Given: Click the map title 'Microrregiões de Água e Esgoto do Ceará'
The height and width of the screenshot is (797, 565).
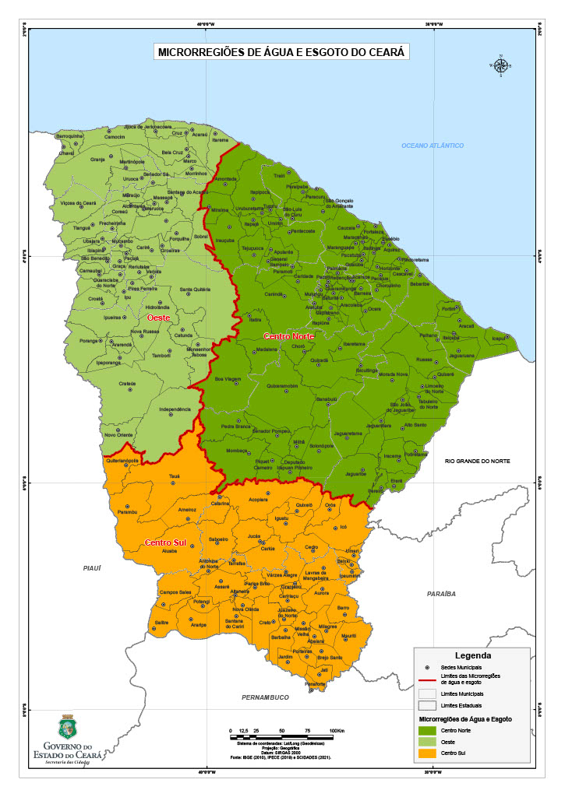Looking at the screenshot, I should pyautogui.click(x=283, y=52).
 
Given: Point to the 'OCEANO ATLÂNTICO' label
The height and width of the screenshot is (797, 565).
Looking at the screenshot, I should pyautogui.click(x=433, y=146).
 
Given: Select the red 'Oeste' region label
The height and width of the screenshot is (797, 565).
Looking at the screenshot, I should pyautogui.click(x=158, y=318).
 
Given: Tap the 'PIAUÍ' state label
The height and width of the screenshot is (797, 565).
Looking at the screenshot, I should pyautogui.click(x=93, y=569).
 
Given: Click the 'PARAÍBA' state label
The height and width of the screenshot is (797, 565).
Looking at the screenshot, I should pyautogui.click(x=440, y=594).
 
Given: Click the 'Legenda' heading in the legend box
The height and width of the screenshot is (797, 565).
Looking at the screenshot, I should pyautogui.click(x=473, y=655).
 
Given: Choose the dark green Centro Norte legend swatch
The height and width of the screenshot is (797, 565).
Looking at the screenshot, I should pyautogui.click(x=427, y=731).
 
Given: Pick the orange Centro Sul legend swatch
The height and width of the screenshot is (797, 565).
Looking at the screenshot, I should pyautogui.click(x=427, y=753).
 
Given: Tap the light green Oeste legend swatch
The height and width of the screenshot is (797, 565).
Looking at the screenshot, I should pyautogui.click(x=427, y=743).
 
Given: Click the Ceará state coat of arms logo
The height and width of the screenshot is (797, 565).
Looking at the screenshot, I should pyautogui.click(x=67, y=727).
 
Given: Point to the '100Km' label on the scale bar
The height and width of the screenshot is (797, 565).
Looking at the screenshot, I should pyautogui.click(x=337, y=732).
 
